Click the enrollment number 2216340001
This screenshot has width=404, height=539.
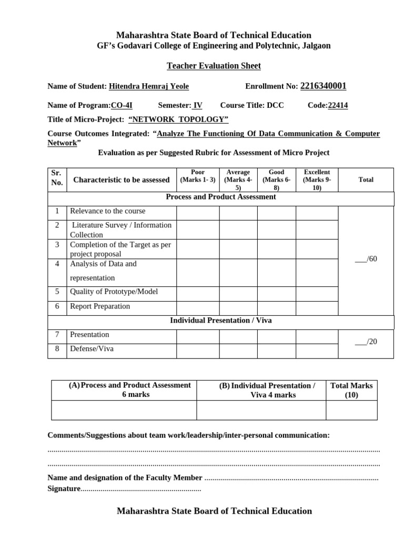(323, 86)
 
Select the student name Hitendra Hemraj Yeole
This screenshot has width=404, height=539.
(148, 87)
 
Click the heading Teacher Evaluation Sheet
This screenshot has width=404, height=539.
(214, 66)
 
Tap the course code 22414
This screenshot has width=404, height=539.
(338, 105)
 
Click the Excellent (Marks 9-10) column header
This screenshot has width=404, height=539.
(317, 179)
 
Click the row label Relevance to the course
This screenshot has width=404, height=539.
(107, 211)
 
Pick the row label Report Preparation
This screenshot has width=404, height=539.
(100, 306)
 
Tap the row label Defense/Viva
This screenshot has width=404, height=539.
(92, 348)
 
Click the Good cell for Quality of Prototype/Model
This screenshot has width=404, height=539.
(276, 293)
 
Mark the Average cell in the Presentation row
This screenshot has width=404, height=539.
(238, 336)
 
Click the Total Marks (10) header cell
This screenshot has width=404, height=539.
(351, 390)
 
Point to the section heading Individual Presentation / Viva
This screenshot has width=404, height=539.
(220, 321)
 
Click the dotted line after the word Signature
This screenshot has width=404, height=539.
(141, 490)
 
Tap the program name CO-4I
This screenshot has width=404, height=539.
(122, 105)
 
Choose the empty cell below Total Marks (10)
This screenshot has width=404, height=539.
(351, 410)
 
